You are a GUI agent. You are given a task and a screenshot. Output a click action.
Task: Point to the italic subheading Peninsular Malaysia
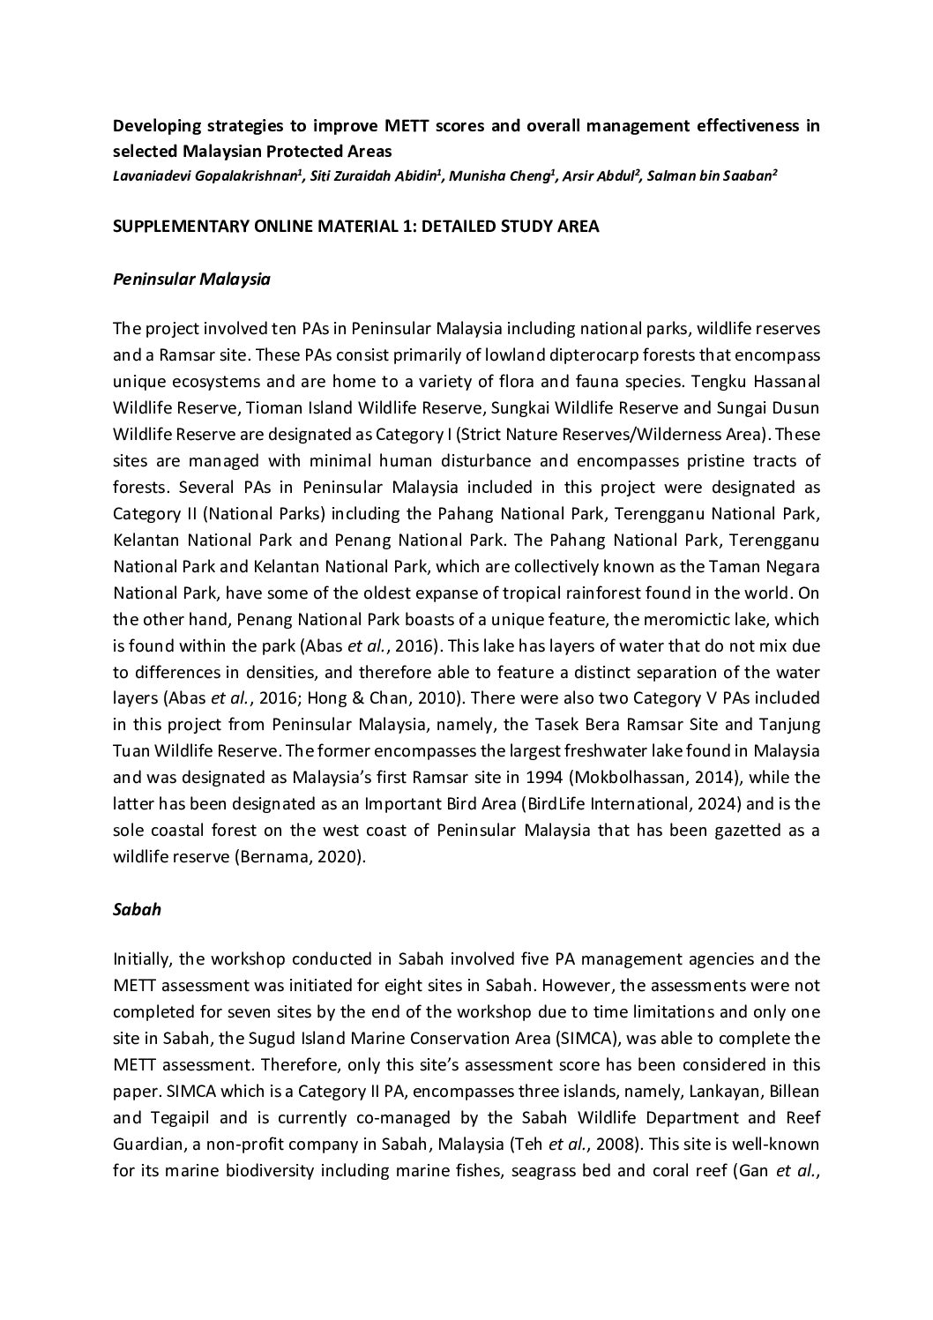click(191, 280)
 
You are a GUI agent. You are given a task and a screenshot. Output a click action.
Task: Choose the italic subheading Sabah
click(137, 909)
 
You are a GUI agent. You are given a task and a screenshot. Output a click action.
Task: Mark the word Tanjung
click(787, 725)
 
